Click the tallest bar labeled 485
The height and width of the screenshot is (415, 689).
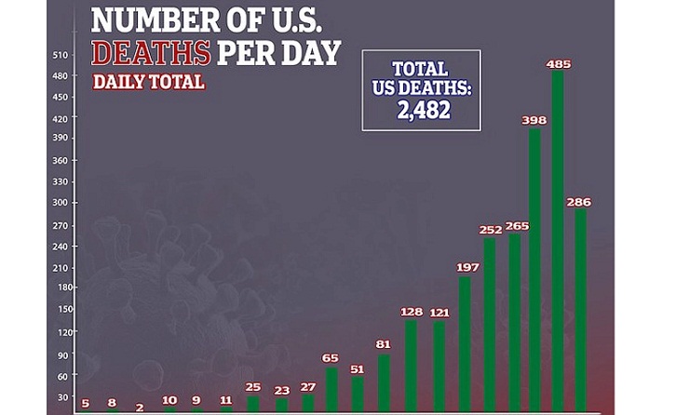[558, 242]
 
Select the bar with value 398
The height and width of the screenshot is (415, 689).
[534, 270]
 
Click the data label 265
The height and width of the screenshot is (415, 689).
[516, 226]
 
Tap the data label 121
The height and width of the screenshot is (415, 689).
[438, 312]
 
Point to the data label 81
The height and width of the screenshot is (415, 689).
[384, 344]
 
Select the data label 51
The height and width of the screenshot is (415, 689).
[358, 368]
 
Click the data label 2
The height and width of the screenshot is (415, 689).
[139, 407]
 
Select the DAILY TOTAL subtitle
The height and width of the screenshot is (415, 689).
[149, 82]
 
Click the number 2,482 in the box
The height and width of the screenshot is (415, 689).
[422, 109]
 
